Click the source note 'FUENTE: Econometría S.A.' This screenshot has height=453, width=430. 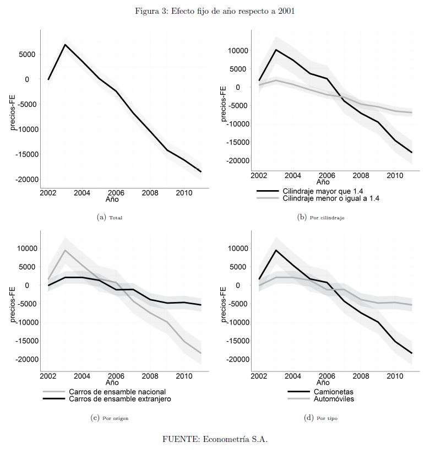click(215, 439)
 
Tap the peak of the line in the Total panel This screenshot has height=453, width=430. click(66, 45)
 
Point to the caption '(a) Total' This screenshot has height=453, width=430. click(110, 218)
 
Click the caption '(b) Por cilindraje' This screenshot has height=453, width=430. click(320, 218)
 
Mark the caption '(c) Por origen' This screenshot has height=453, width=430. click(110, 418)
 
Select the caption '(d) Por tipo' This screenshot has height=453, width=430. click(320, 418)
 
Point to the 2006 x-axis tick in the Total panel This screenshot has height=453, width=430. click(116, 193)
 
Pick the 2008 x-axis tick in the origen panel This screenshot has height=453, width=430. click(150, 375)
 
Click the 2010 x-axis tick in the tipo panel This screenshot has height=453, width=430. click(394, 375)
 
